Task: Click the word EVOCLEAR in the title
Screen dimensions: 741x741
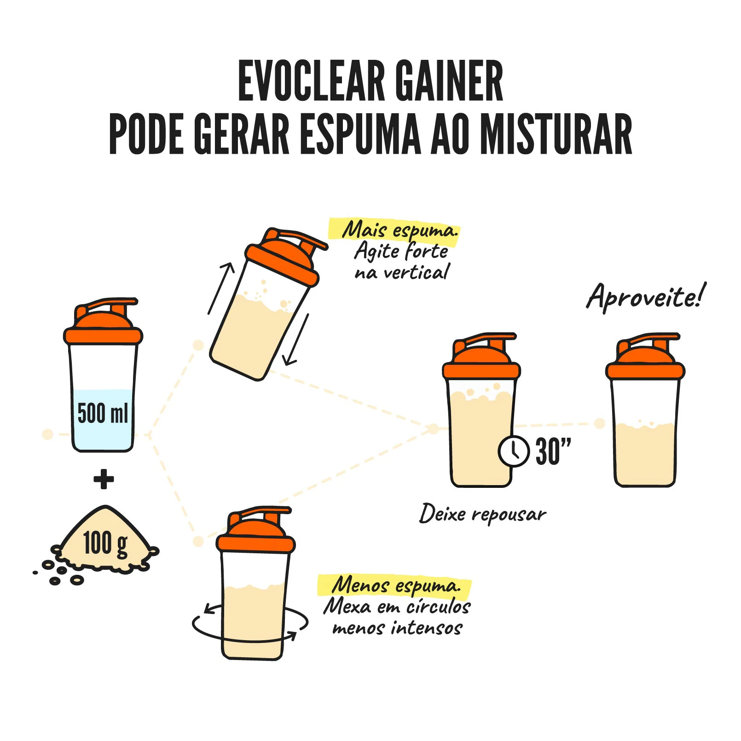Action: (x=311, y=81)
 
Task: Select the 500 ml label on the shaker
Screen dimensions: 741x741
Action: (x=103, y=413)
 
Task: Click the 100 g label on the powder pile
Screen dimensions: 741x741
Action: (x=105, y=544)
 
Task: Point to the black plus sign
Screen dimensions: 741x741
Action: (x=104, y=479)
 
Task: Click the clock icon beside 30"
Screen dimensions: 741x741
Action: (x=514, y=451)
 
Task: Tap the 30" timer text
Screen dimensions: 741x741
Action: (x=553, y=451)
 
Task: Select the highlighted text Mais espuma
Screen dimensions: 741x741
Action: (x=399, y=230)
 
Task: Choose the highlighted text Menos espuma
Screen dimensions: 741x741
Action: (x=395, y=585)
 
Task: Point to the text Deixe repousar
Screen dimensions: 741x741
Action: (x=483, y=514)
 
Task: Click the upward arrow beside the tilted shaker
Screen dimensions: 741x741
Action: (x=221, y=289)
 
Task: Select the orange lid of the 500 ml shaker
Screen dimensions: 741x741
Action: (x=103, y=322)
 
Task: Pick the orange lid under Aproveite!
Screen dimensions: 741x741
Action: (x=645, y=357)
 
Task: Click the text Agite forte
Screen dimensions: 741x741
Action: (x=401, y=251)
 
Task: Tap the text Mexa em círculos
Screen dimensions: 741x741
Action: (x=397, y=607)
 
